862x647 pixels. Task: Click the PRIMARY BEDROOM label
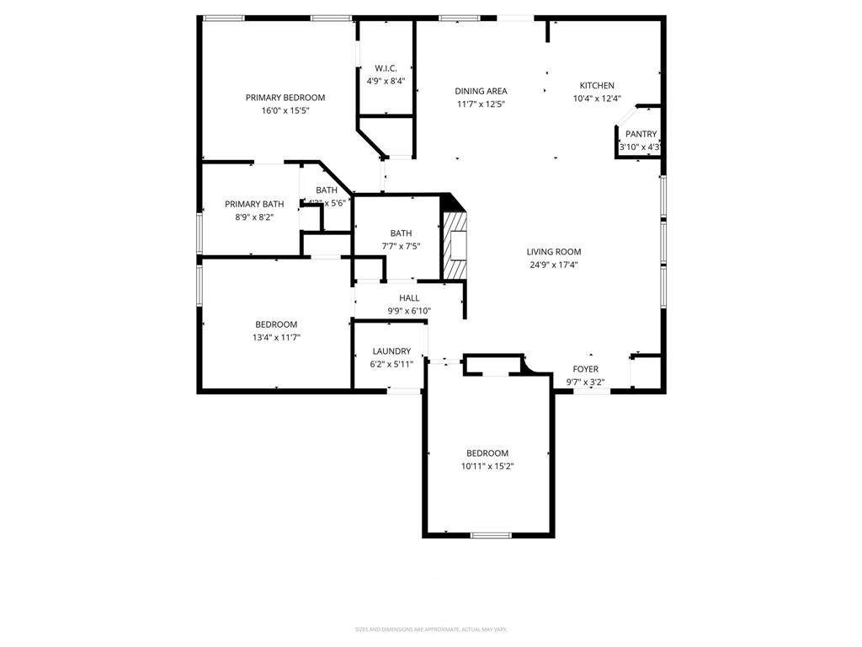click(x=285, y=98)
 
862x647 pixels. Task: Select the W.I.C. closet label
click(x=386, y=68)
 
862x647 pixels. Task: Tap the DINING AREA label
click(x=481, y=91)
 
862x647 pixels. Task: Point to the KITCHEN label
click(x=597, y=85)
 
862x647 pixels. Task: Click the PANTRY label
click(x=641, y=134)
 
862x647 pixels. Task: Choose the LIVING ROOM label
click(x=553, y=251)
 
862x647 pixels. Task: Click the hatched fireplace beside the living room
click(x=455, y=244)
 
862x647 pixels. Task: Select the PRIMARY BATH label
click(x=254, y=204)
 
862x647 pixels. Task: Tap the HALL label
click(x=409, y=297)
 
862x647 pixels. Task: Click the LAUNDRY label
click(x=391, y=351)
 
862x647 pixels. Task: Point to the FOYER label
click(x=585, y=369)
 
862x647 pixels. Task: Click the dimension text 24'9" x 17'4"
click(x=553, y=265)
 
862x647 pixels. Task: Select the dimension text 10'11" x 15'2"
click(x=487, y=466)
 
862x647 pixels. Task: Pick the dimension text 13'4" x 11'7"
click(x=276, y=337)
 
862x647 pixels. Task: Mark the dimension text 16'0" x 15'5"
click(x=285, y=110)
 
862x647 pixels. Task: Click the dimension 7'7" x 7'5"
click(x=401, y=247)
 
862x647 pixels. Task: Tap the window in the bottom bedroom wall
click(x=490, y=535)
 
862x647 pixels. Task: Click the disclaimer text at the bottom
click(x=430, y=629)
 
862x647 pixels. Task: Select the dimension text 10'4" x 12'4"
click(x=597, y=99)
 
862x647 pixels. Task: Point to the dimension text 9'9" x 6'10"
click(x=409, y=311)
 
